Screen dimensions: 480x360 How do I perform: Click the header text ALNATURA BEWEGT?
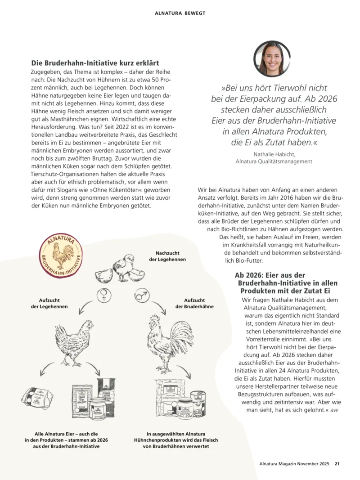point(180,13)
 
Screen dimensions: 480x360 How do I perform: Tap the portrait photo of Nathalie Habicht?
point(271,59)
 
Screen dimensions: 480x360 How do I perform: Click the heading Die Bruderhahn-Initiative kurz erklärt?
point(95,63)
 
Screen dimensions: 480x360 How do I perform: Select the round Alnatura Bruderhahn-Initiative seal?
point(60,255)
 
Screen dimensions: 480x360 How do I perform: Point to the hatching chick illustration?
point(122,268)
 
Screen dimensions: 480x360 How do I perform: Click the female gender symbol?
point(103,296)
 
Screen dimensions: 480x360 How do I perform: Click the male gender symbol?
point(141,296)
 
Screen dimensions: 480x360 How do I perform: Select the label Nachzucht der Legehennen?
point(167,256)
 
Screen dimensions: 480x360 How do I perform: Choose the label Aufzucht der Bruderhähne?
point(194,303)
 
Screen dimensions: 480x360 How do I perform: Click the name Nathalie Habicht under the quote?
point(274,154)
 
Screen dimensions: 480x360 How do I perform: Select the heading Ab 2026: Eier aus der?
point(270,275)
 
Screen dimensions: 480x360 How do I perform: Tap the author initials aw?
point(334,410)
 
